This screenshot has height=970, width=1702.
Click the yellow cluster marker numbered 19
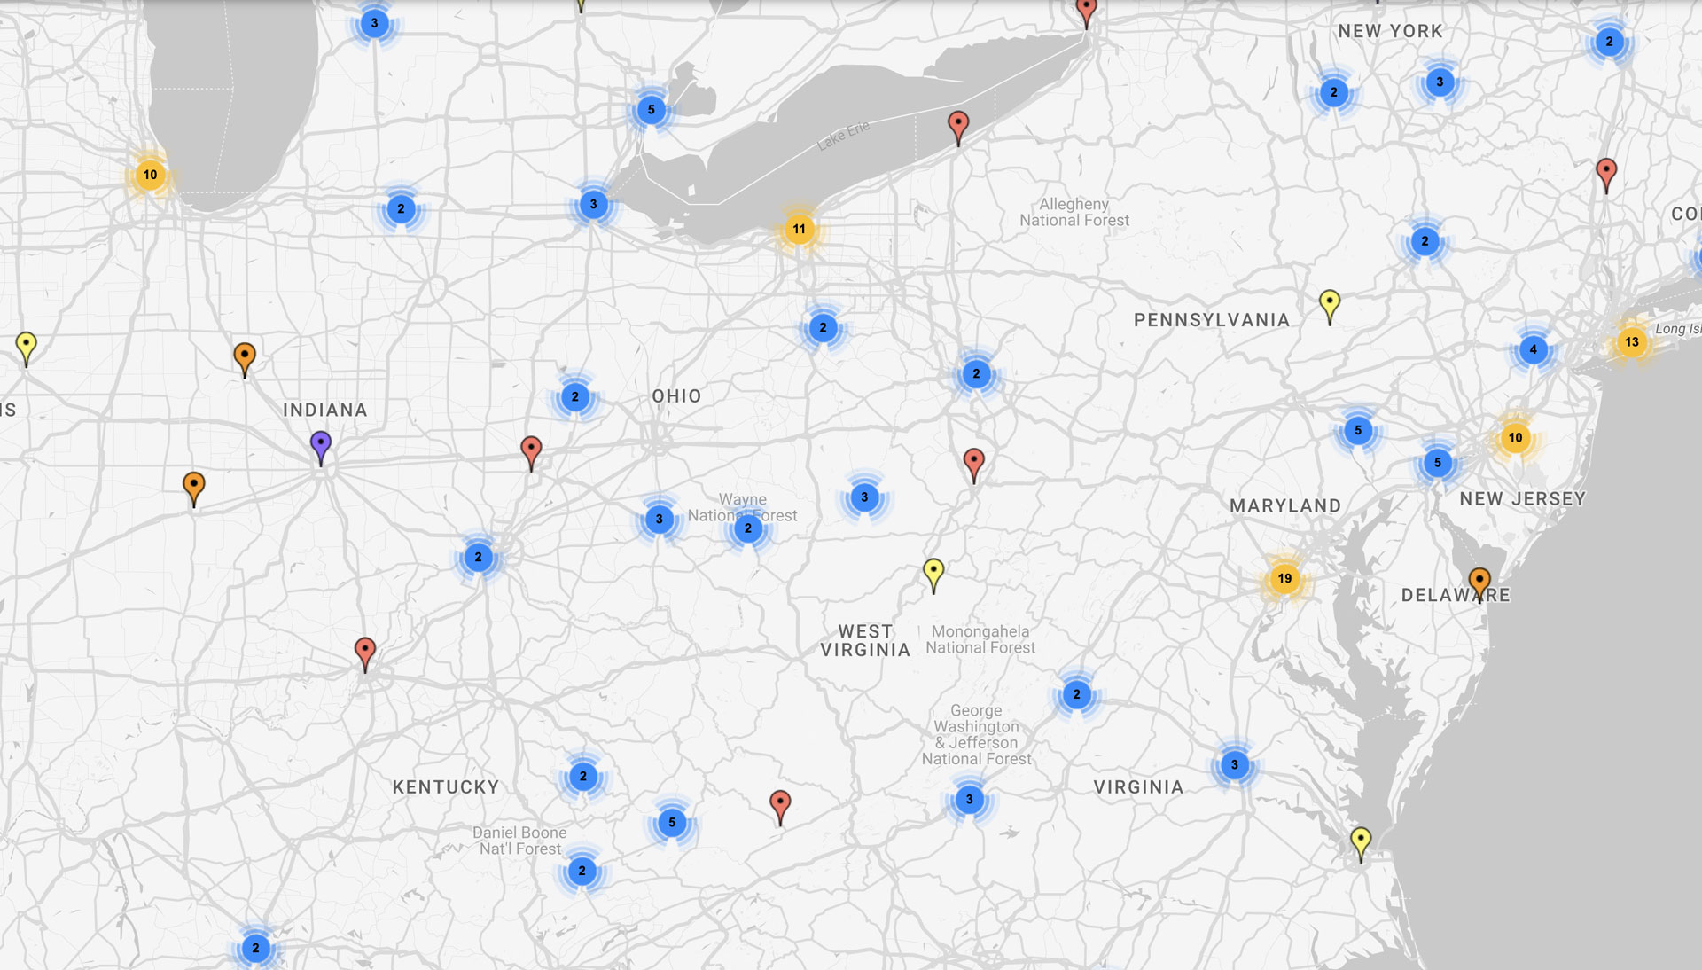[x=1284, y=579]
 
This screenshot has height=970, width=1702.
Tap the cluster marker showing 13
[x=1632, y=342]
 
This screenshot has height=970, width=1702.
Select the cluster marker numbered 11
[x=799, y=230]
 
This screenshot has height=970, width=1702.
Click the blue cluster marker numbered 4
[x=1534, y=349]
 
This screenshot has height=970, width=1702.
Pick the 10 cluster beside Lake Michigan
[x=150, y=175]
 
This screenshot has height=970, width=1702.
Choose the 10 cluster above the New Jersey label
[x=1515, y=437]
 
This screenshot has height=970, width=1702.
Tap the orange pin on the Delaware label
[x=1479, y=582]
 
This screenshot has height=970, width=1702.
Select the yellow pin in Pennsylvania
[x=1329, y=304]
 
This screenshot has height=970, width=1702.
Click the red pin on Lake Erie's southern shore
[x=957, y=125]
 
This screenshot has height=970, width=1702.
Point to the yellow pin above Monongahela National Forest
[x=933, y=572]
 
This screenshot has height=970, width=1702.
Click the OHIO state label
[x=676, y=396]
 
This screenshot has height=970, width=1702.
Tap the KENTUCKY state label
[x=446, y=787]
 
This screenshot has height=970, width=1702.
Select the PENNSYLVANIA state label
[x=1212, y=320]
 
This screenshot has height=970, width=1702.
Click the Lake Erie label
[x=843, y=136]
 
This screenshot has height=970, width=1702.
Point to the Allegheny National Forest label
[x=1074, y=213]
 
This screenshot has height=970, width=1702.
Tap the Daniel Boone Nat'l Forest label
[x=519, y=841]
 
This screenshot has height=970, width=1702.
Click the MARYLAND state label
[x=1285, y=506]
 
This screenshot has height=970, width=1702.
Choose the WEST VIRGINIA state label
[x=865, y=640]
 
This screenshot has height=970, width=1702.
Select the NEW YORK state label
[x=1390, y=31]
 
